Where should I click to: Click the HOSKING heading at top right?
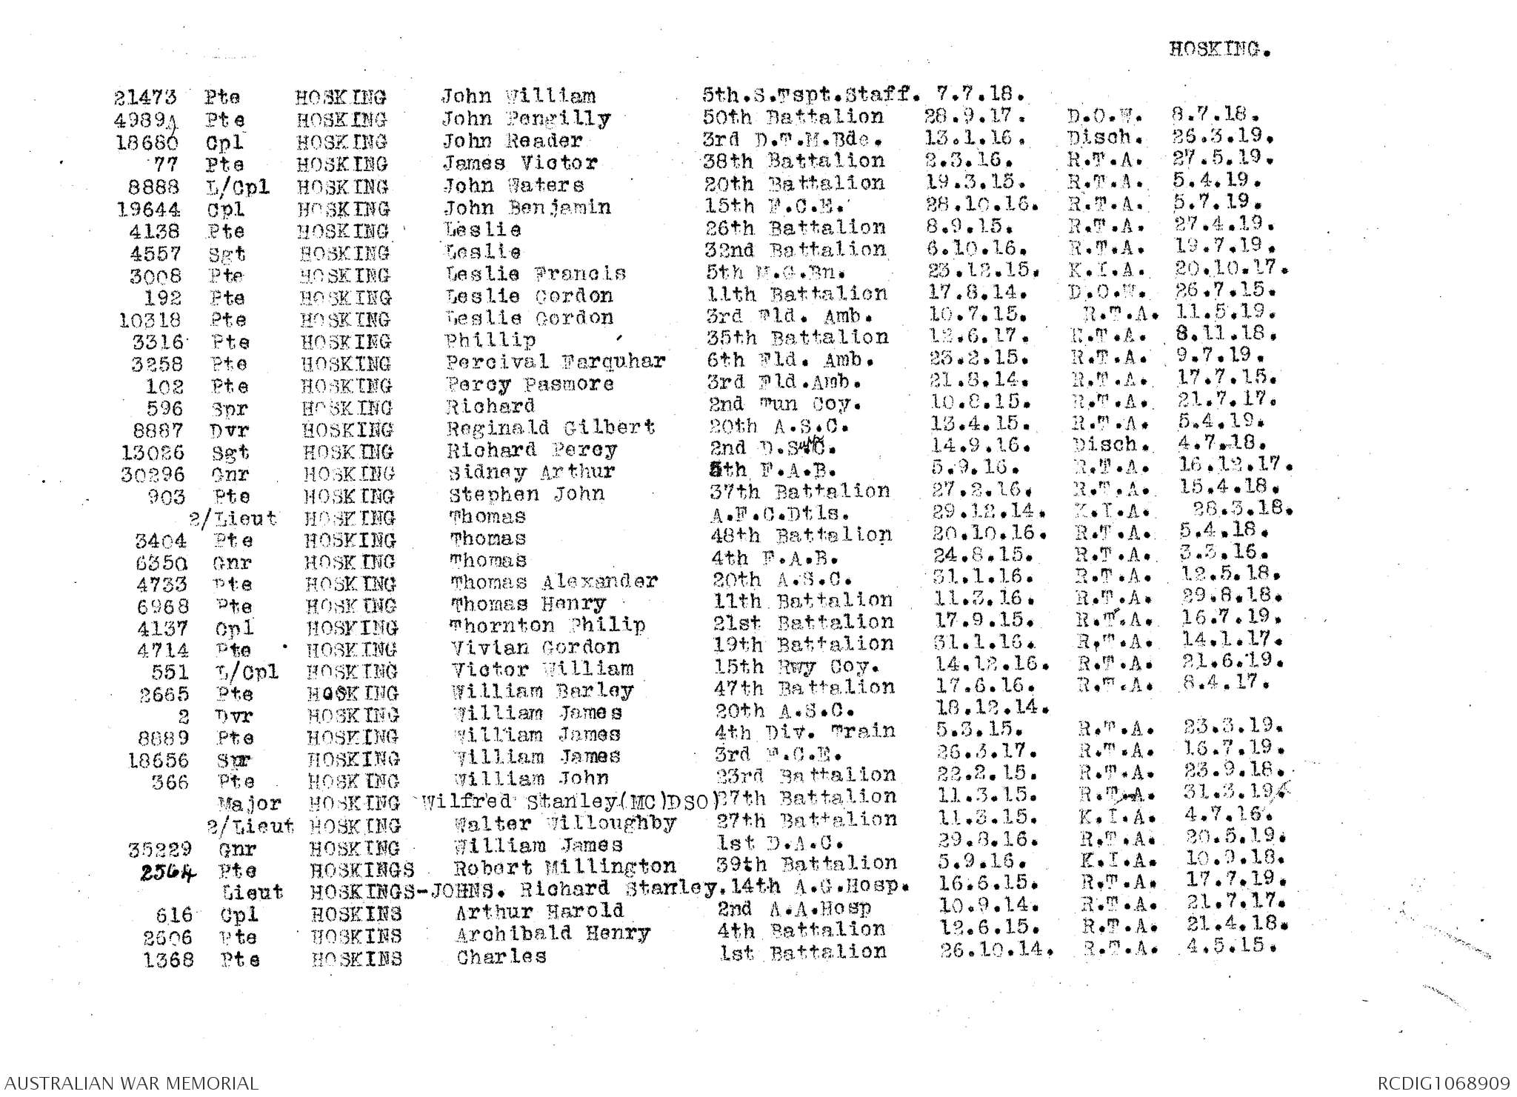[x=1219, y=50]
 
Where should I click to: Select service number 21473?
[x=145, y=97]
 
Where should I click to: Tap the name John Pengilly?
[x=526, y=119]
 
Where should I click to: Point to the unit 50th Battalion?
[x=793, y=117]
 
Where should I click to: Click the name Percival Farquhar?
[x=555, y=362]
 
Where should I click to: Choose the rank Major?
[x=250, y=803]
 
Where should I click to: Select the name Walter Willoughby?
[x=564, y=824]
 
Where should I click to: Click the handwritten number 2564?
[x=168, y=873]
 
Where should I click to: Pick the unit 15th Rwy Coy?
[x=792, y=667]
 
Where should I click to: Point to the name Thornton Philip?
[x=547, y=626]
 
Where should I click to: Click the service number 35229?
[x=160, y=849]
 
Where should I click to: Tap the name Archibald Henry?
[x=553, y=933]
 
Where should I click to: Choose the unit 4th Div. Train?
[x=804, y=732]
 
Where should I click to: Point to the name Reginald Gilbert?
[x=550, y=428]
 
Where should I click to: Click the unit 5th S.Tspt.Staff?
[x=811, y=95]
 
